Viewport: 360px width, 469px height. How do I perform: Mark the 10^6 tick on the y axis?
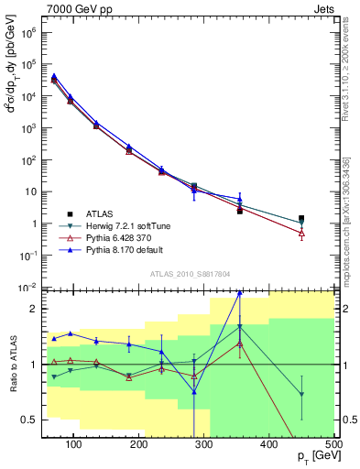coord(28,31)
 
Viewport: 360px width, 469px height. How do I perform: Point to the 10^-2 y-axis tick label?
coord(28,287)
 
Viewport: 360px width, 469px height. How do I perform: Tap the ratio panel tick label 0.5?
coord(29,420)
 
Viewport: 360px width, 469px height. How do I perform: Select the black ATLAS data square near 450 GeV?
coord(301,219)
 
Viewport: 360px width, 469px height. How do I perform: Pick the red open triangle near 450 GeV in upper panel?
coord(301,233)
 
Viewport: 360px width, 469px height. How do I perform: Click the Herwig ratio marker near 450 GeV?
coord(301,394)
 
